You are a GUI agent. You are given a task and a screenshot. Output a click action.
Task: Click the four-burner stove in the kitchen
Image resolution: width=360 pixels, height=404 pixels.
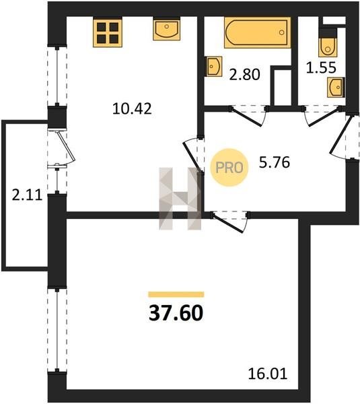[x=108, y=33]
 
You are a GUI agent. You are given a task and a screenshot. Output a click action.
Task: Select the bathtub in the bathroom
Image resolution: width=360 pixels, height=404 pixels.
[x=258, y=33]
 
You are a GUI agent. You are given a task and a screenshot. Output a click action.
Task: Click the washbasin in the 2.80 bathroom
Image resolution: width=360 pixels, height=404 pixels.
[x=214, y=67]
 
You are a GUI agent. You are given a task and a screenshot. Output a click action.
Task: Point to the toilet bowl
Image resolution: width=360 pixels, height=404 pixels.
[x=328, y=47]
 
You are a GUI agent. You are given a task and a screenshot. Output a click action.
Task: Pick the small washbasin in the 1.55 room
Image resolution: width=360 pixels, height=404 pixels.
[x=336, y=88]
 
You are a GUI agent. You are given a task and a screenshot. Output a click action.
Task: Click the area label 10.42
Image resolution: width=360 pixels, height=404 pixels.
[x=132, y=108]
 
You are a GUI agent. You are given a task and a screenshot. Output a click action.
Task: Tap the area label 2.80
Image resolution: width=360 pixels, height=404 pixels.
[x=245, y=75]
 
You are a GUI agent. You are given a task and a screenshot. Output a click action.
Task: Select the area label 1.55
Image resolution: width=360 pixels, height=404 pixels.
[x=321, y=67]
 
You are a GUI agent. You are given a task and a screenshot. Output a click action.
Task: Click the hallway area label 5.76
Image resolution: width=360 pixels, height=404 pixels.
[x=275, y=162]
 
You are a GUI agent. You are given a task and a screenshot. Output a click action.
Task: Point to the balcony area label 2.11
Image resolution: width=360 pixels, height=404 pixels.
[x=27, y=195]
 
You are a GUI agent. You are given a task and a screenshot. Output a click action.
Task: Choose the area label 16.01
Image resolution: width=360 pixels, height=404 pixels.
[x=268, y=374]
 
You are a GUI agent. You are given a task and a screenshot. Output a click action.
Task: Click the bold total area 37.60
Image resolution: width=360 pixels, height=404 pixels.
[x=176, y=313]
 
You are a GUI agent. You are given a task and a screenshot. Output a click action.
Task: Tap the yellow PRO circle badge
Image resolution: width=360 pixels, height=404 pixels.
[x=229, y=168]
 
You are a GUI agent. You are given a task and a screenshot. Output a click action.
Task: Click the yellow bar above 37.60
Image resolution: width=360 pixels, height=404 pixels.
[x=176, y=294]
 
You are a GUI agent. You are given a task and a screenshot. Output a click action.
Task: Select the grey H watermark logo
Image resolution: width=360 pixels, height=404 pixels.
[x=180, y=199]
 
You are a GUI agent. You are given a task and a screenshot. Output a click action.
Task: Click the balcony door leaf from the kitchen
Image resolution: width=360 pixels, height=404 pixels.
[x=67, y=146]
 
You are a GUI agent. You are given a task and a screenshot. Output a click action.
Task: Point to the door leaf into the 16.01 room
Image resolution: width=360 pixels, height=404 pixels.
[x=227, y=223]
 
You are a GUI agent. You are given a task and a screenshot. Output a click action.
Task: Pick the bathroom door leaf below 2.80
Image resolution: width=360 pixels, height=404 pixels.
[x=246, y=117]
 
